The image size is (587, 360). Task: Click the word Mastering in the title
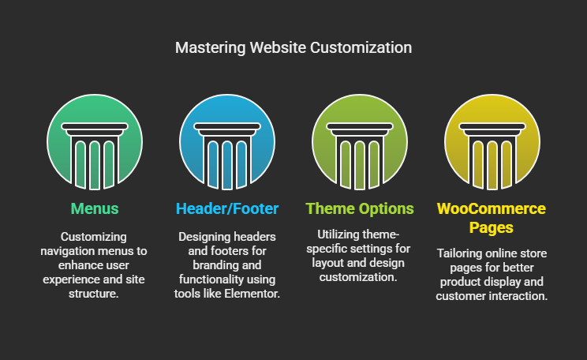click(211, 48)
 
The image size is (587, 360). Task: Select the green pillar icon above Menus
click(95, 142)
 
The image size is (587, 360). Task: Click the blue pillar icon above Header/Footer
click(227, 142)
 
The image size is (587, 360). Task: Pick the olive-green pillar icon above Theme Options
click(360, 142)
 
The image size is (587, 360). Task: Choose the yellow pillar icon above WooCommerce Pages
click(492, 142)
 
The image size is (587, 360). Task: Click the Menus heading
click(95, 208)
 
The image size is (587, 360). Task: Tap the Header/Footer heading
click(227, 208)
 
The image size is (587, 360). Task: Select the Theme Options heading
click(360, 208)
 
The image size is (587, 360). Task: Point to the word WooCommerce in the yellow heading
click(492, 208)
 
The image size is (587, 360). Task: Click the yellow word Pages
click(492, 227)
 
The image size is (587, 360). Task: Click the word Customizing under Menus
click(94, 237)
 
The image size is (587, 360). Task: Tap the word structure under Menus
click(93, 294)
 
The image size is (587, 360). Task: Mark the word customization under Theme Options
click(358, 277)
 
